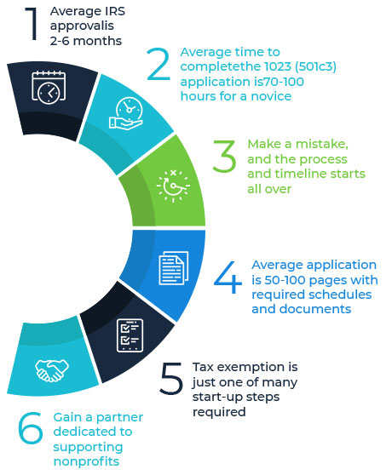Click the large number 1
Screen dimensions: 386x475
pyautogui.click(x=32, y=24)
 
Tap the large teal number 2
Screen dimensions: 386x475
pyautogui.click(x=158, y=64)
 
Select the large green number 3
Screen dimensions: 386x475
pyautogui.click(x=224, y=156)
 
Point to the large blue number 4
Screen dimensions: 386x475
pyautogui.click(x=228, y=278)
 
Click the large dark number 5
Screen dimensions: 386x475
pyautogui.click(x=171, y=378)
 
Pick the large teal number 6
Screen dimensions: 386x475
pyautogui.click(x=31, y=427)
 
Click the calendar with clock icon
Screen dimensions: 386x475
pyautogui.click(x=49, y=88)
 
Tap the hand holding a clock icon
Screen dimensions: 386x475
pyautogui.click(x=126, y=113)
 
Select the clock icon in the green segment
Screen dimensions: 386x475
pyautogui.click(x=173, y=186)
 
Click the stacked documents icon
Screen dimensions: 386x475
pyautogui.click(x=174, y=268)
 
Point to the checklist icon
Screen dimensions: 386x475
pyautogui.click(x=130, y=335)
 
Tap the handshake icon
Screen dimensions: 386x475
pyautogui.click(x=52, y=370)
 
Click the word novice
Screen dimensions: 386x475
pyautogui.click(x=271, y=96)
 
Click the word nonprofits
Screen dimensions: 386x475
pyautogui.click(x=86, y=461)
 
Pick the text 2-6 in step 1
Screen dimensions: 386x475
pyautogui.click(x=60, y=41)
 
